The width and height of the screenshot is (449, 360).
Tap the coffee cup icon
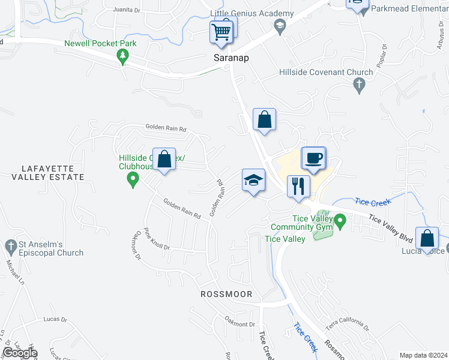(313, 158)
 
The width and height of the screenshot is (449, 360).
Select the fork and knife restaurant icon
(298, 186)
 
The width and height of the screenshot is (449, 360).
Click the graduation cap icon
(253, 180)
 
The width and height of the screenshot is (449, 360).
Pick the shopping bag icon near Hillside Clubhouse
(164, 159)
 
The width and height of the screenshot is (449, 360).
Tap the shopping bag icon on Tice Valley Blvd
(427, 238)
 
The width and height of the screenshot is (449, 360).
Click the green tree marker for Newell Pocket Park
(123, 57)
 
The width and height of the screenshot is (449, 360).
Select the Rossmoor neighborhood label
(226, 295)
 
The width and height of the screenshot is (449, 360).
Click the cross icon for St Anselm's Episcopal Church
(11, 245)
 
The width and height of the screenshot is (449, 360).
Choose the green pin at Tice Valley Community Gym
(340, 223)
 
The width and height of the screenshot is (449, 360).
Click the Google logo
(20, 353)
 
